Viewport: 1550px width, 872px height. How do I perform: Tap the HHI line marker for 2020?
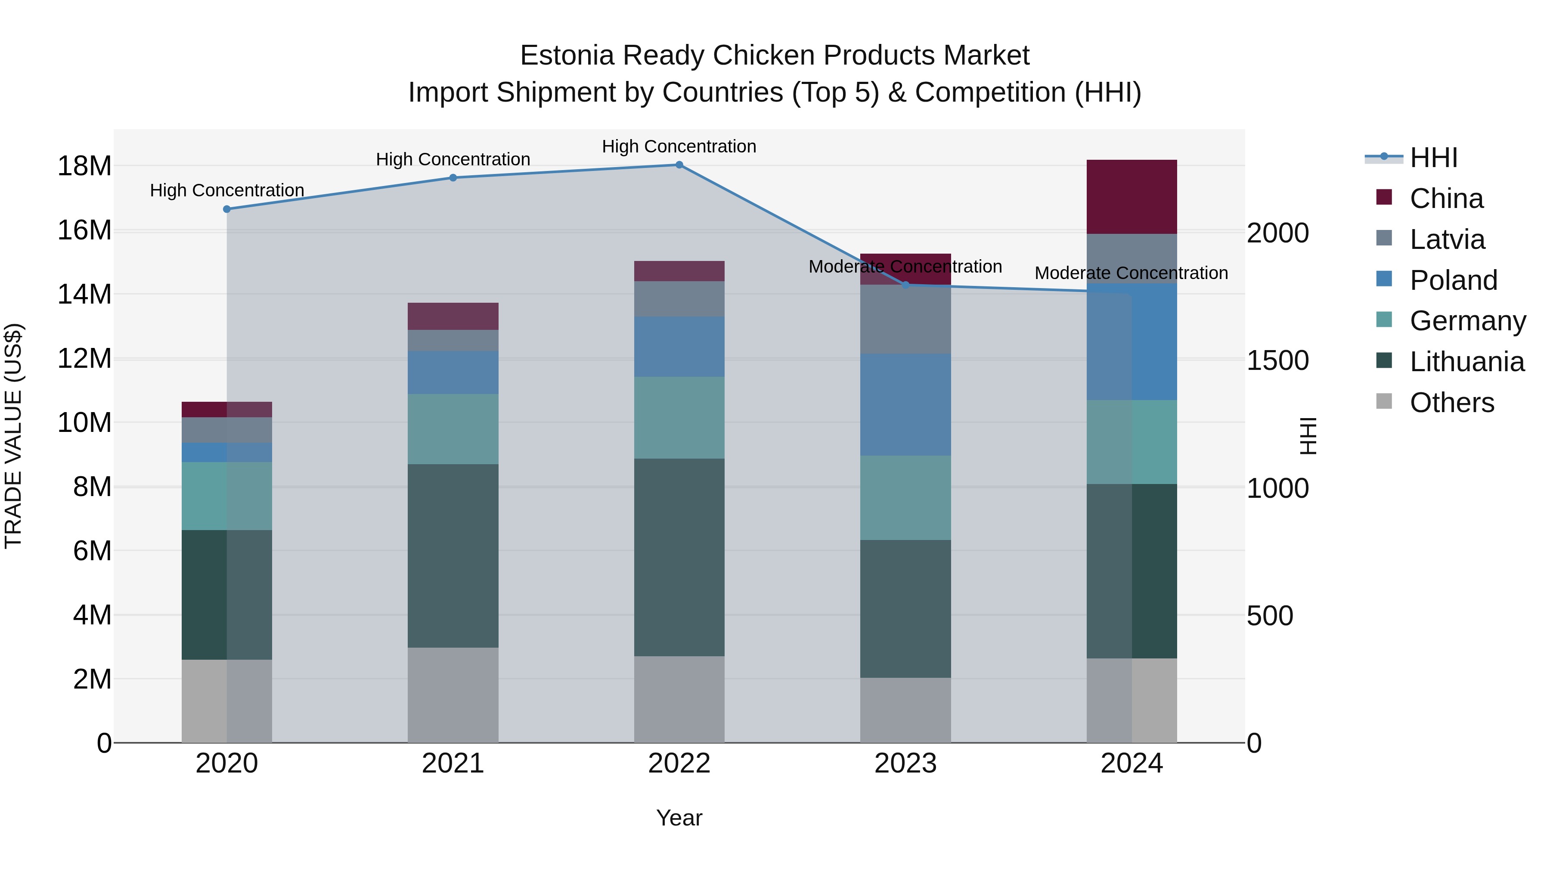(227, 209)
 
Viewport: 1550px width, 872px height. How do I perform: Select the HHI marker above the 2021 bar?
(453, 177)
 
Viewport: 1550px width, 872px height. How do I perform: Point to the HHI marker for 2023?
(905, 285)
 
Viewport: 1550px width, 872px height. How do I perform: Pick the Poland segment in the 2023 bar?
(905, 404)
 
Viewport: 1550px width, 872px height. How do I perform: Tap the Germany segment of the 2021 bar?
(453, 429)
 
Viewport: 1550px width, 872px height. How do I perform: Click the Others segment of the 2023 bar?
(905, 710)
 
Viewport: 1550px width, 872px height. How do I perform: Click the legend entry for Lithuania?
(1467, 362)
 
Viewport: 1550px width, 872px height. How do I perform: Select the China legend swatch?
(1384, 197)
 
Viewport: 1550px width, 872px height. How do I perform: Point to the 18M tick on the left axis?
(84, 166)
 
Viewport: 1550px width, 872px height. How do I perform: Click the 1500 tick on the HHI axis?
(1277, 360)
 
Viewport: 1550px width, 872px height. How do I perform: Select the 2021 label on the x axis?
(453, 763)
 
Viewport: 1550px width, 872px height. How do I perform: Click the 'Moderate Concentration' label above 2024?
(1131, 273)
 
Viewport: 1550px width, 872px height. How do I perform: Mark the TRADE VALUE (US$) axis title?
(13, 436)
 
